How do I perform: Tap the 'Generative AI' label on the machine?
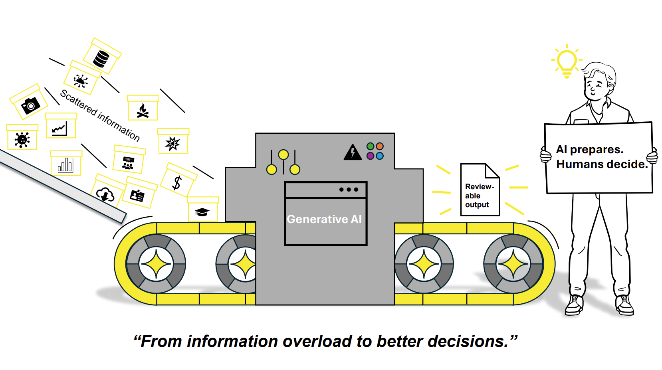(324, 219)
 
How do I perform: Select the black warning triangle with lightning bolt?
(353, 152)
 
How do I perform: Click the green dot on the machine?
(370, 146)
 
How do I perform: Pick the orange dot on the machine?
(380, 146)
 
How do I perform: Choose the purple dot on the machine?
(370, 156)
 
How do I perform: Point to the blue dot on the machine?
(380, 156)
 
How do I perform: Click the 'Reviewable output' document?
(480, 190)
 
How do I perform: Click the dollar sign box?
(178, 180)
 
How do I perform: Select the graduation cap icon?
(202, 212)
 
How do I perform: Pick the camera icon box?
(29, 101)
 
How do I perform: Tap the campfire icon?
(143, 111)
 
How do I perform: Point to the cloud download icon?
(105, 195)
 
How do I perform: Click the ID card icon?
(137, 196)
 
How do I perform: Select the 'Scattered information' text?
(100, 115)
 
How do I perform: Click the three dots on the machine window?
(349, 190)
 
